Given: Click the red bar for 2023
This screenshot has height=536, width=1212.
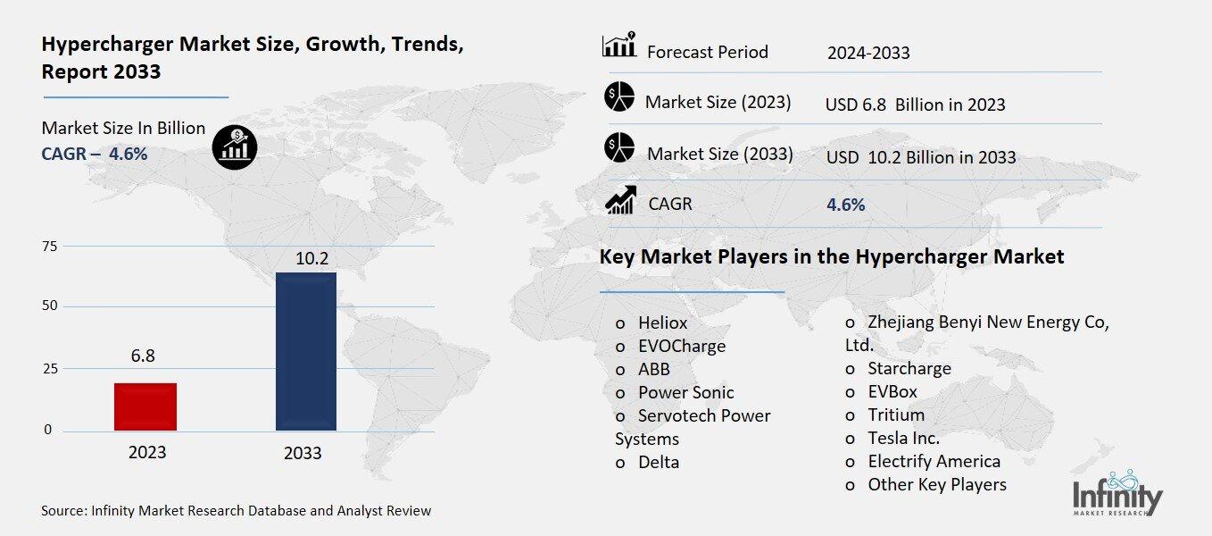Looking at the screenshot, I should click(145, 406).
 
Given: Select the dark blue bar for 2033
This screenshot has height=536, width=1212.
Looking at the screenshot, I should click(306, 351).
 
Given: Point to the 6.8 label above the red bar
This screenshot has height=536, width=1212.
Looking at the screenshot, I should click(143, 356).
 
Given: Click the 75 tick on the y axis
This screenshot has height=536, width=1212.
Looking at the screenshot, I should click(49, 247).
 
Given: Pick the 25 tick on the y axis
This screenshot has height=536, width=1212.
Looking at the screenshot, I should click(49, 368).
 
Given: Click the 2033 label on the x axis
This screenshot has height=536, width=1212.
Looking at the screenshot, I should click(303, 453).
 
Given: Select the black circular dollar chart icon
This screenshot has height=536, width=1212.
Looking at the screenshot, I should click(235, 144).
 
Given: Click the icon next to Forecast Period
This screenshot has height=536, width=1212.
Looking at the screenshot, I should click(618, 46).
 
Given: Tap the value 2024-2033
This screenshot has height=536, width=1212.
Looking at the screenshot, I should click(868, 53).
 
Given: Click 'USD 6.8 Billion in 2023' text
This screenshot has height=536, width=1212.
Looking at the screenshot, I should click(915, 105).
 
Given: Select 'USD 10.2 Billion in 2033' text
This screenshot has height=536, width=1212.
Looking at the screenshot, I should click(920, 157).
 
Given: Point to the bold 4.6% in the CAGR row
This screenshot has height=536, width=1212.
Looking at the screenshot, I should click(845, 205).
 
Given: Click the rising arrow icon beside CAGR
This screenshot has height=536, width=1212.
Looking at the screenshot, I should click(619, 200).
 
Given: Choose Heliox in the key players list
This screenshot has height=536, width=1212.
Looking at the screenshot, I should click(662, 322).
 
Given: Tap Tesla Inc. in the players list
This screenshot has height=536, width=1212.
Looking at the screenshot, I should click(902, 438).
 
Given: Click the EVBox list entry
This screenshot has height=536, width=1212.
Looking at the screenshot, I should click(892, 391).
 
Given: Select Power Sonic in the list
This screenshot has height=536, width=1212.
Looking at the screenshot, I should click(685, 392).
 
